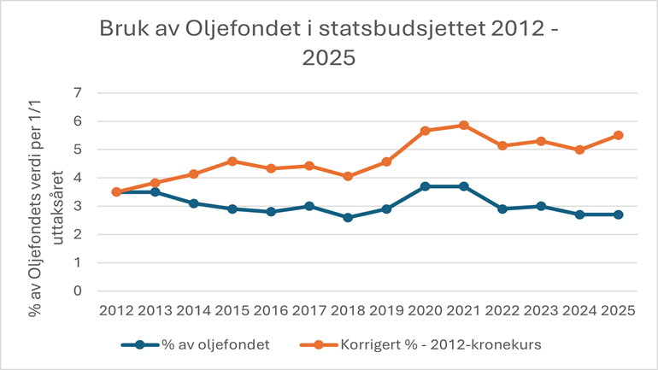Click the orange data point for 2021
(463, 125)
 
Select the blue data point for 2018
(348, 217)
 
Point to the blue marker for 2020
(425, 186)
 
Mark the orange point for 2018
(348, 176)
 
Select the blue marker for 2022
(502, 208)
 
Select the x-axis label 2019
(386, 311)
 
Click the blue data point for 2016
(270, 212)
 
